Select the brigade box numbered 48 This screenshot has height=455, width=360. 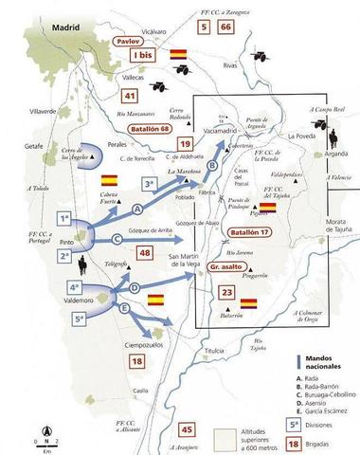[144, 253]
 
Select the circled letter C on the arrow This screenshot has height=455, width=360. [115, 238]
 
